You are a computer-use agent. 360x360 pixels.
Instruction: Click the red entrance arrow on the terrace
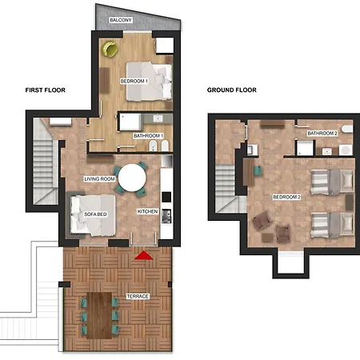point(143,255)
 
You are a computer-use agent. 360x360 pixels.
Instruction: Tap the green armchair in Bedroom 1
point(110,49)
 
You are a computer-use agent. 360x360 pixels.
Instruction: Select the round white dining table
point(132,178)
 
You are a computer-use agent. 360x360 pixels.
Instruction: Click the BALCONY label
point(121,20)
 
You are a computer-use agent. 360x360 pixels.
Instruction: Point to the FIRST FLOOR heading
point(46,90)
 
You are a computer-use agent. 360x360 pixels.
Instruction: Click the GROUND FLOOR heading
point(232,90)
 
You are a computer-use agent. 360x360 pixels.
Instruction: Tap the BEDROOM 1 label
point(134,81)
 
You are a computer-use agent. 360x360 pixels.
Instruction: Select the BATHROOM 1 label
point(148,136)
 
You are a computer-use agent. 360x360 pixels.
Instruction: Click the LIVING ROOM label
point(99,179)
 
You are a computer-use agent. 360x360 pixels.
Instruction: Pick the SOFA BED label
point(95,214)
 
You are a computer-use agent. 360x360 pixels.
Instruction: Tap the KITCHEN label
point(147,211)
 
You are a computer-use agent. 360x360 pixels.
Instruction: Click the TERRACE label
point(138,296)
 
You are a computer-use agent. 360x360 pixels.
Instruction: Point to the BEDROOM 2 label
point(287,197)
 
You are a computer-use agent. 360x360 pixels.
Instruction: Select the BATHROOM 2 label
point(322,133)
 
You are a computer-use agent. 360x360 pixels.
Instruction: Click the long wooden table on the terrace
point(99,315)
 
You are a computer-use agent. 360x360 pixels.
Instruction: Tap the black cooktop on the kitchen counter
point(166,197)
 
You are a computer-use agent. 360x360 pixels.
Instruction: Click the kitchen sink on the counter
point(166,216)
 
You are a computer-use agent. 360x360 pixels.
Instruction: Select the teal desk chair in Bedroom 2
point(258,170)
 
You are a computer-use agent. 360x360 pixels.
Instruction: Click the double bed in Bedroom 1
point(149,82)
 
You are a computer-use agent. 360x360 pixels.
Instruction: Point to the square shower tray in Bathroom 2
point(305,148)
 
